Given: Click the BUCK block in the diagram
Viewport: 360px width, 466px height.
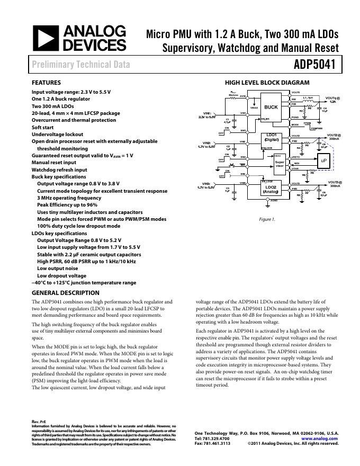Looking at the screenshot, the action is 271,107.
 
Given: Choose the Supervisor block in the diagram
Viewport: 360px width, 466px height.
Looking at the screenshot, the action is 280,164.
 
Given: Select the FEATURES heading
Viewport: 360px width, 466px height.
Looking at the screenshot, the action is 46,83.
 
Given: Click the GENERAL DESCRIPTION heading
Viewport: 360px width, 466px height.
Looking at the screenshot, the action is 65,293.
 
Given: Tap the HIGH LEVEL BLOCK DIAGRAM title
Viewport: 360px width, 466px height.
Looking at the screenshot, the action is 267,83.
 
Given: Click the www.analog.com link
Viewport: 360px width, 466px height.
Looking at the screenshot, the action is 320,438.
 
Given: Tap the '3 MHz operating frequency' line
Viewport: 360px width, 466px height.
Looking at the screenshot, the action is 69,198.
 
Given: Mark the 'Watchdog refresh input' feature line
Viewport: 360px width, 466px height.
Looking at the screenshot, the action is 59,169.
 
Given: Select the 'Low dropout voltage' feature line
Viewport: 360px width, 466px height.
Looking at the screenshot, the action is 61,275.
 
